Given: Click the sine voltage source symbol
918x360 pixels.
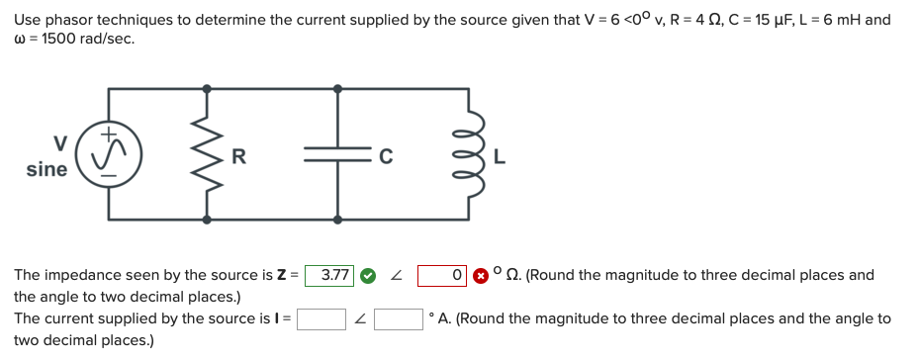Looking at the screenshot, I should (109, 153).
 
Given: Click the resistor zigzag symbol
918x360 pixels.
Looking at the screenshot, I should (207, 153).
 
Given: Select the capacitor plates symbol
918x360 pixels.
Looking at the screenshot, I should (337, 153).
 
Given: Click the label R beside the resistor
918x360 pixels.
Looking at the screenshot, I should (237, 154).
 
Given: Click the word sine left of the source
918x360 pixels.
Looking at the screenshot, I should (46, 169).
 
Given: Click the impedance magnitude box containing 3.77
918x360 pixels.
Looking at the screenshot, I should (329, 275).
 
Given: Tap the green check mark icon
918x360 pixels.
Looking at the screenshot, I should (367, 276).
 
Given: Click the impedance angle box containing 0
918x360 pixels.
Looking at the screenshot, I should (442, 275).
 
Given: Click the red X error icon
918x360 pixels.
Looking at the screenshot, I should (480, 276).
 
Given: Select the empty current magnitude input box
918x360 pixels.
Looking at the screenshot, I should (321, 318).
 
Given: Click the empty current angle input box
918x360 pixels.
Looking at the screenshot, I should (399, 318).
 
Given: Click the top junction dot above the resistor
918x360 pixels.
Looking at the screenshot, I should (207, 88).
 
